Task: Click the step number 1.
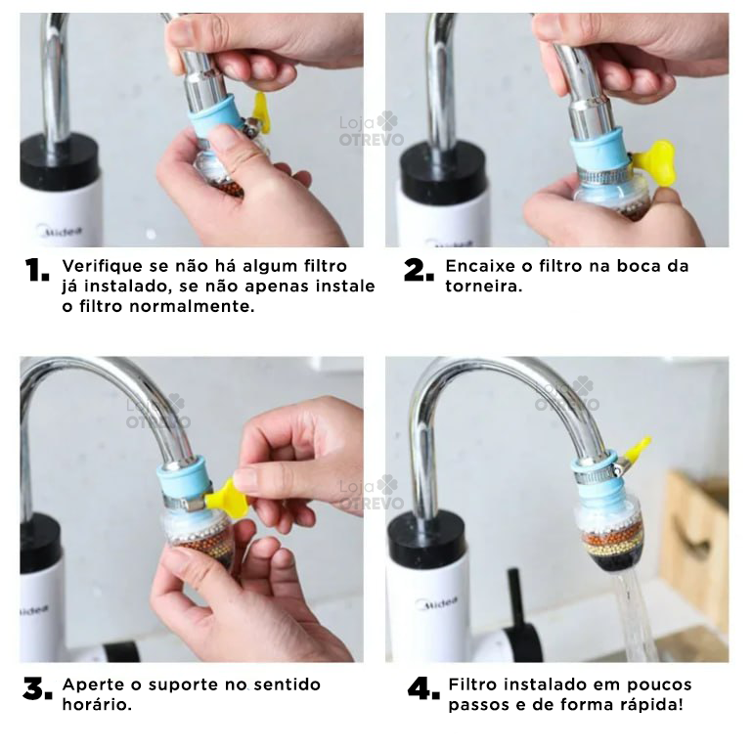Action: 37,272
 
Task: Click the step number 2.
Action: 419,272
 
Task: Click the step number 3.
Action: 37,689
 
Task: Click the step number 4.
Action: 423,689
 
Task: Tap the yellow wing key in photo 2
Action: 656,160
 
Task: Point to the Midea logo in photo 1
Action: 59,232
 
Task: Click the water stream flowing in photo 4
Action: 637,616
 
